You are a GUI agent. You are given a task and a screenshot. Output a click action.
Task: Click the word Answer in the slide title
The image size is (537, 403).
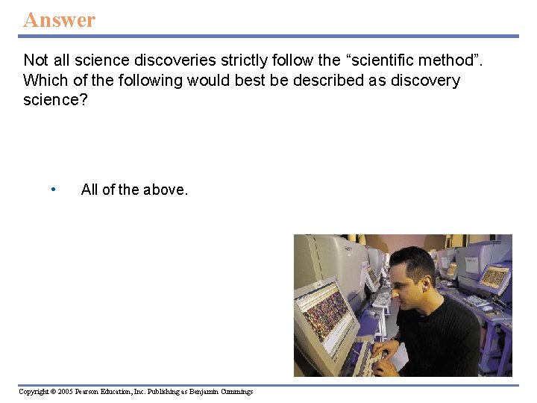59,19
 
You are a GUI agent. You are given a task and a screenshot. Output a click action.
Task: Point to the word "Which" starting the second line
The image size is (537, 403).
43,80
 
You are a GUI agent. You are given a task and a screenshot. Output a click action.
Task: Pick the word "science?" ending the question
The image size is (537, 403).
55,100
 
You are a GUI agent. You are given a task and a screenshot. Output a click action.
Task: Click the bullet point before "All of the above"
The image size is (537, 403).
53,190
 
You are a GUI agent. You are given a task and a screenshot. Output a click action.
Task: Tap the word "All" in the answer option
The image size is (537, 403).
89,190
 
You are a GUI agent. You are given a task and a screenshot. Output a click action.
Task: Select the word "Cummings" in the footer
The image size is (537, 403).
236,392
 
